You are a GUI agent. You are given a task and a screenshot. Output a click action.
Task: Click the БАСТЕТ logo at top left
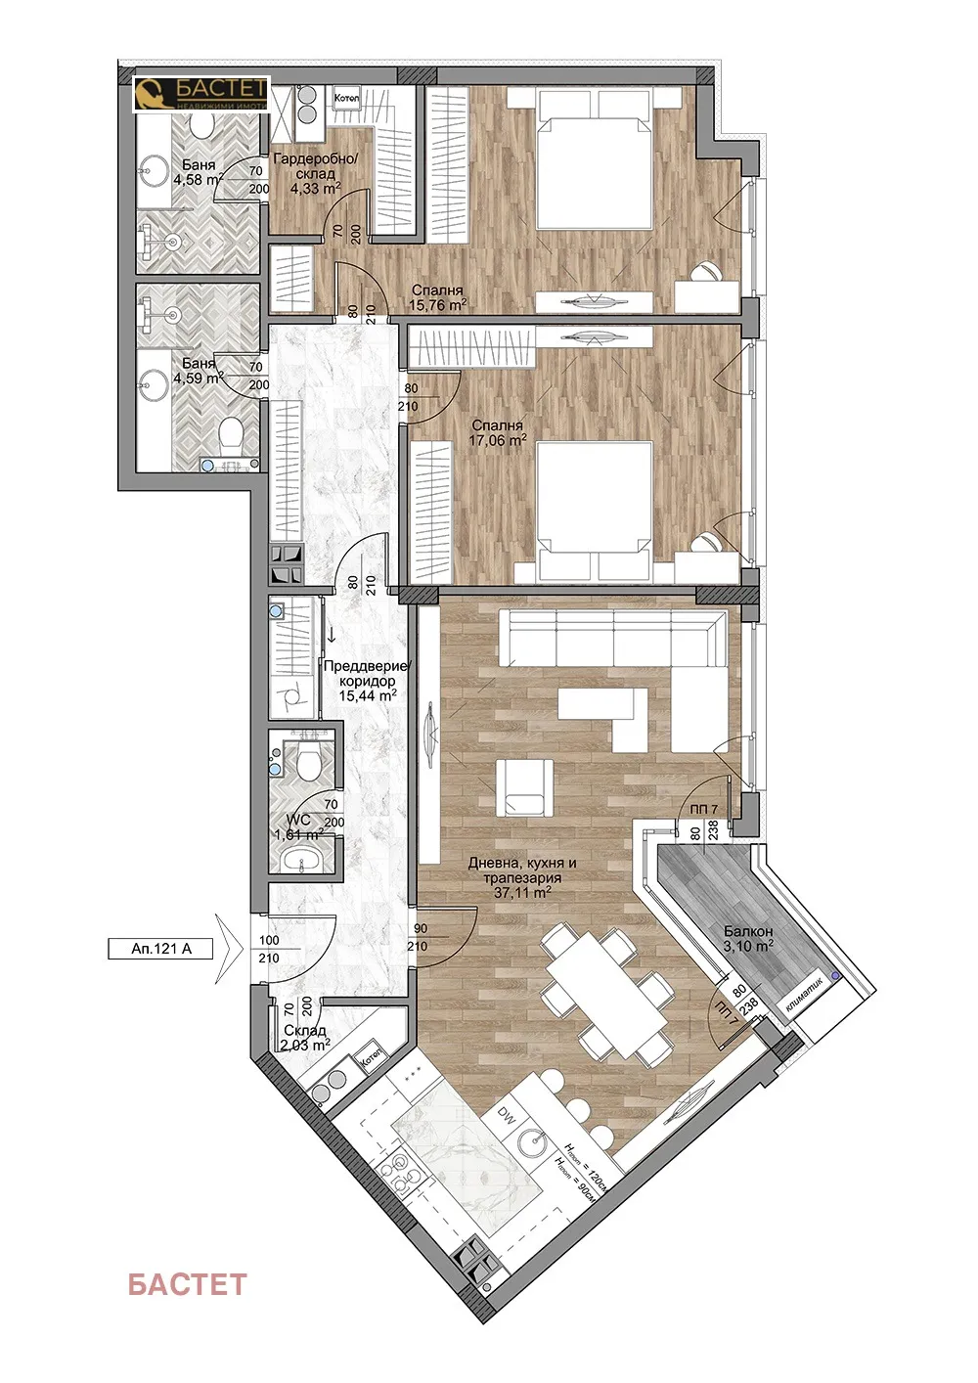click(201, 95)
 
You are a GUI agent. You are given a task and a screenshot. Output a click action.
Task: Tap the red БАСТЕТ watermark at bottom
click(187, 1284)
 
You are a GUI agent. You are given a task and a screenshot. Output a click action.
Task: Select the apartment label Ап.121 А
click(160, 948)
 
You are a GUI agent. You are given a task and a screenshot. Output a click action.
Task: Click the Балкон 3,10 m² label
click(748, 939)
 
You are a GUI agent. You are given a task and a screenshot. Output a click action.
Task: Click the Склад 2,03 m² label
click(304, 1038)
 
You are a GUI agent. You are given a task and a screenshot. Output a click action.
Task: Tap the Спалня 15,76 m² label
click(436, 297)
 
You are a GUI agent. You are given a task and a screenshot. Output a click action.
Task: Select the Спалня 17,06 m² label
click(497, 432)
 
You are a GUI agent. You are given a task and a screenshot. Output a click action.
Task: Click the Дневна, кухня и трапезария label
click(521, 877)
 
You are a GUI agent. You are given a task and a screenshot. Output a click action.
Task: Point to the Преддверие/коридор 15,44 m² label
click(367, 681)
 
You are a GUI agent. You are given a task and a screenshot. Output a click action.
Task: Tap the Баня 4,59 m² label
click(199, 371)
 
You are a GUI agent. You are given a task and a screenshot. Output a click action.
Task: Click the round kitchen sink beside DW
click(534, 1142)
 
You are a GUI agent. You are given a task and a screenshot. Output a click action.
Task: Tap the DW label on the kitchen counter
click(506, 1114)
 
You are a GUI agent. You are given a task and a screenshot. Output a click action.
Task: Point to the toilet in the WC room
click(309, 760)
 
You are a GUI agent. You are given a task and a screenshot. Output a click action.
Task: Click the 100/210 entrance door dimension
click(268, 949)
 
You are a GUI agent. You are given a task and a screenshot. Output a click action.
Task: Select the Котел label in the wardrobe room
click(346, 99)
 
